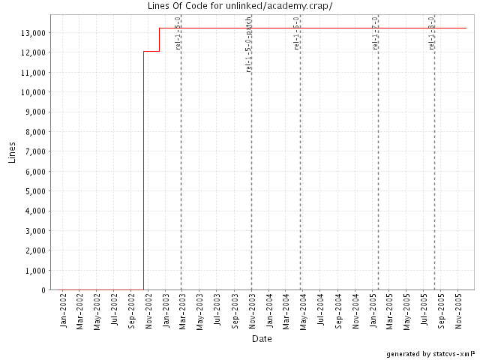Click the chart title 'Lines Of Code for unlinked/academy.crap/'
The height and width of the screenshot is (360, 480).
(240, 6)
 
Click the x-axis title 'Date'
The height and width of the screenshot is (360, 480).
(262, 339)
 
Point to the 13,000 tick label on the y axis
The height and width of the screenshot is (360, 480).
(35, 33)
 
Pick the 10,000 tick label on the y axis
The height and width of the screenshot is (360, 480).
(35, 92)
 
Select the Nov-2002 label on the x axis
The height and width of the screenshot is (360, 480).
(149, 311)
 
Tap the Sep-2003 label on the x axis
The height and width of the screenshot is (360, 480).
(235, 311)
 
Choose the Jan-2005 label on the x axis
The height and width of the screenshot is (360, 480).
(373, 311)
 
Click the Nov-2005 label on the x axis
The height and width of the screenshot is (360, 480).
(459, 311)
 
